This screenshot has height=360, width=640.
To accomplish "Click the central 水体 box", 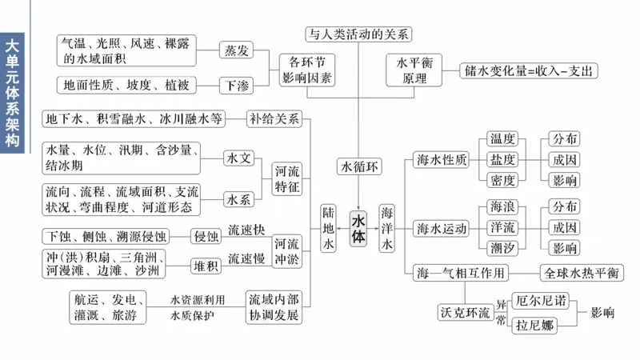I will click(358, 230).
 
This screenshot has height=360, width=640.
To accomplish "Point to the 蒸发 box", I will click(235, 50).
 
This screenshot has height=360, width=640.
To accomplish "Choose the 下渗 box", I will click(235, 83).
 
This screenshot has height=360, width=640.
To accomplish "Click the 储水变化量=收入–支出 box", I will click(529, 70).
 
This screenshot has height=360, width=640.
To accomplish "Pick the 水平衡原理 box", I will click(414, 70).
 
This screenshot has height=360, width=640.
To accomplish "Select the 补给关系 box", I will click(274, 119).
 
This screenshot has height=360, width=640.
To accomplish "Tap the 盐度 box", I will click(502, 159).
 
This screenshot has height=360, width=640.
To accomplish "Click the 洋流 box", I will click(502, 227).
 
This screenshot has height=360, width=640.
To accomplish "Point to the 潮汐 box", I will click(502, 247).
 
